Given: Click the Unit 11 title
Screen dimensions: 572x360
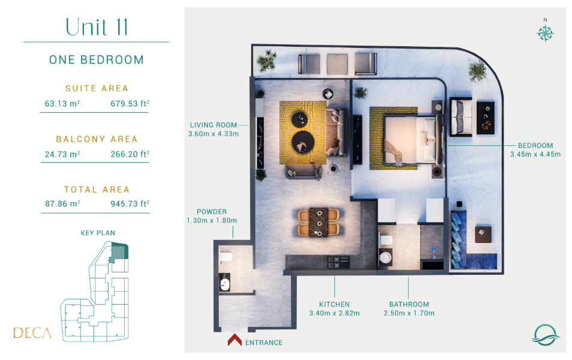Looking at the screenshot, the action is [97, 26].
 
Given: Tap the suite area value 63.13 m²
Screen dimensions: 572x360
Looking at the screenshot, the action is [62, 103].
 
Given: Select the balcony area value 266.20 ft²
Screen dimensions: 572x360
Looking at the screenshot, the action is [130, 154].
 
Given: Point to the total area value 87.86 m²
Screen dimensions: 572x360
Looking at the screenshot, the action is [62, 203].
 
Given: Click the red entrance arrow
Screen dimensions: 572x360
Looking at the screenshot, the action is [234, 340].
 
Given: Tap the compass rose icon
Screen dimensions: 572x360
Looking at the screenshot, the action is [545, 33].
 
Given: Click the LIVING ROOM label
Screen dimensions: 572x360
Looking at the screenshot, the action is [213, 125].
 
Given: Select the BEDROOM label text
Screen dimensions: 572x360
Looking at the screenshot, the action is [535, 145].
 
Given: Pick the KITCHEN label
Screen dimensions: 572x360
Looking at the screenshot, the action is [334, 304].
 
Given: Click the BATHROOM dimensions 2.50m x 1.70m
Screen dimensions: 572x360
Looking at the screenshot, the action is [409, 313].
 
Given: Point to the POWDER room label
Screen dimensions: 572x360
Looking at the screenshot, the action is [212, 212].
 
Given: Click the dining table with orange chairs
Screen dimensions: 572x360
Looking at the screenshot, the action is [318, 223].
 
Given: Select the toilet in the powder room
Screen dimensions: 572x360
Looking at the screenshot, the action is [226, 257].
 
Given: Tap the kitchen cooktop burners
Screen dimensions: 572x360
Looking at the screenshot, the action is [338, 262].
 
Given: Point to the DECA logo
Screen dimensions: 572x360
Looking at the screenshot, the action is [32, 332].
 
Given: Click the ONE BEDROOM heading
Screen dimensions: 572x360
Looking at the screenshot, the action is [97, 59].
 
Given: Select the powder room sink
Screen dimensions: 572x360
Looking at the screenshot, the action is [225, 284].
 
